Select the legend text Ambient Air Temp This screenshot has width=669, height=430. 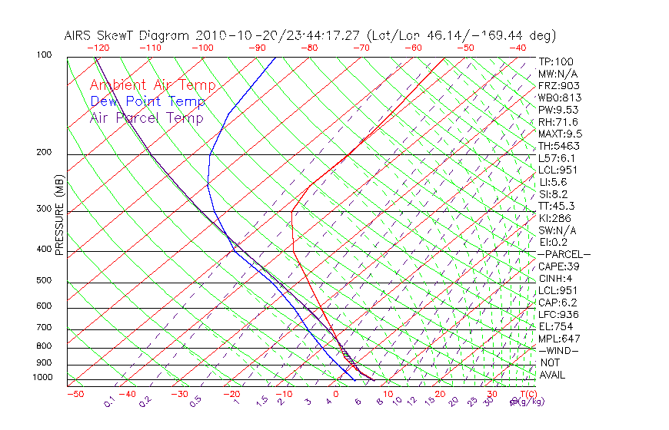(x=153, y=86)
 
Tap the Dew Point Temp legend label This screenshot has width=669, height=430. (x=148, y=102)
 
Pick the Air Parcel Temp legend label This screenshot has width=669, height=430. (x=147, y=118)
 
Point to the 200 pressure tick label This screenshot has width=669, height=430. (x=44, y=152)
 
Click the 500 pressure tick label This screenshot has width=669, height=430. (x=44, y=280)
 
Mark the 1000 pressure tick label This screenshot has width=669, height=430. (x=42, y=377)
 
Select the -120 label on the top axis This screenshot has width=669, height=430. (x=97, y=48)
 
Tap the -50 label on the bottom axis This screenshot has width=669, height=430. (x=75, y=394)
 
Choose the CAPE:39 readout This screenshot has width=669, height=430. (x=558, y=266)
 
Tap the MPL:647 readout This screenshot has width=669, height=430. (x=558, y=339)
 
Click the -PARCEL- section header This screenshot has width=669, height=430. (x=564, y=254)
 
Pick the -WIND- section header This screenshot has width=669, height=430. (x=558, y=351)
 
